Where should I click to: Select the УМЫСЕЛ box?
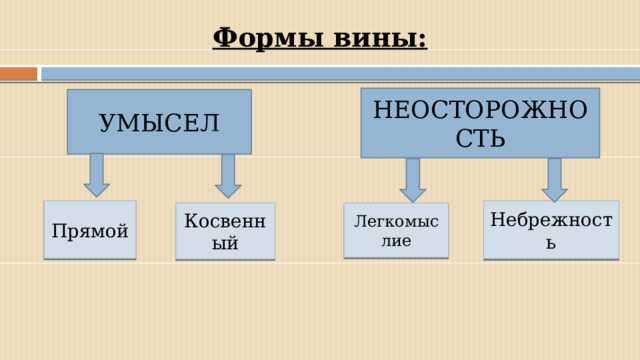(159, 122)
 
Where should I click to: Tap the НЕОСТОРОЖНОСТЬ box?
(480, 123)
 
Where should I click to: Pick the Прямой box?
(90, 231)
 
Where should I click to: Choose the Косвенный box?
(225, 231)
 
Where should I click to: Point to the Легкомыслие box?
(396, 230)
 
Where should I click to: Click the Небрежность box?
(551, 231)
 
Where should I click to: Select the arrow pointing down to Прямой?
(96, 175)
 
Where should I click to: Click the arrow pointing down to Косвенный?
(228, 175)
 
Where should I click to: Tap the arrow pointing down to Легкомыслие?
(412, 180)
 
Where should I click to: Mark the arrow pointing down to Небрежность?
(555, 180)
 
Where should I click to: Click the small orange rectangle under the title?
(18, 73)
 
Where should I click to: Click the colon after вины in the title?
(422, 40)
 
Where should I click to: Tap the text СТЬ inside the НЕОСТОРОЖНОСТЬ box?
(480, 138)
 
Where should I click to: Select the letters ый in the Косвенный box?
(225, 242)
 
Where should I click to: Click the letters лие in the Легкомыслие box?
(395, 241)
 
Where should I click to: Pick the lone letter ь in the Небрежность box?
(551, 243)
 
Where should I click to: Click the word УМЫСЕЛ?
(159, 123)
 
